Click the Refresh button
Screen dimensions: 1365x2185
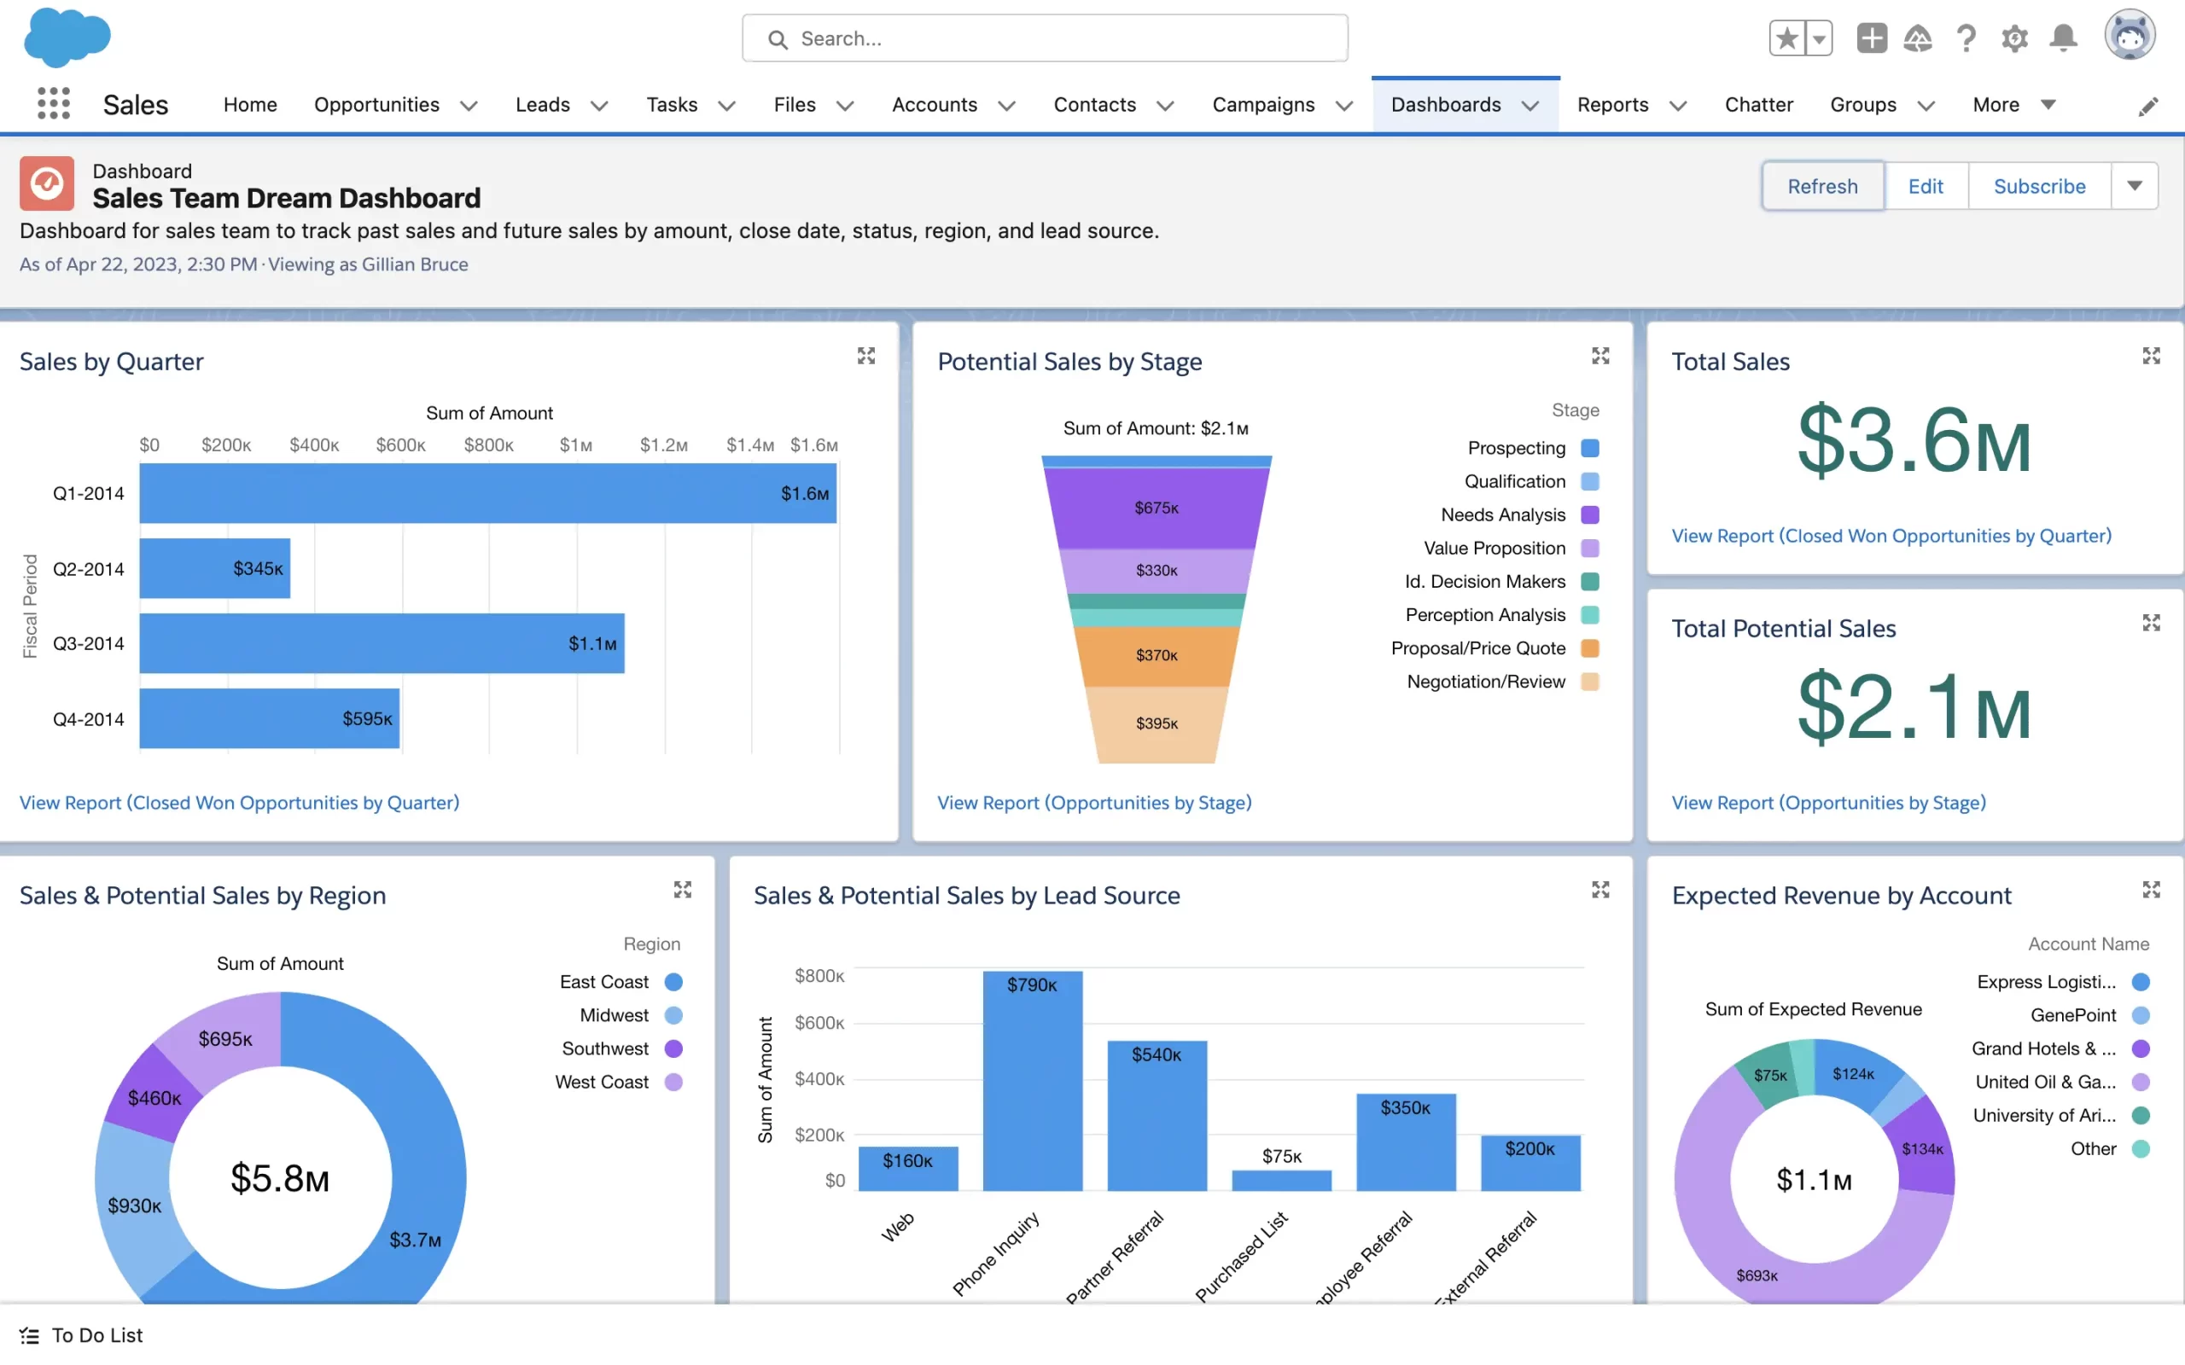coord(1821,186)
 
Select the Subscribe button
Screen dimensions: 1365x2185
coord(2039,186)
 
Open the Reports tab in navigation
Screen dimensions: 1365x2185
coord(1612,105)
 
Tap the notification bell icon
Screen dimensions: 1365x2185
coord(2063,38)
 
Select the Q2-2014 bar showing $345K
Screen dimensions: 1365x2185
coord(214,568)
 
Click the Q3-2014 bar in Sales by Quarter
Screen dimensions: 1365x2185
coord(381,642)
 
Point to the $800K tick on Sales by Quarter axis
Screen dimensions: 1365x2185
coord(488,445)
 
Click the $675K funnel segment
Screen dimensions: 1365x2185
coord(1156,508)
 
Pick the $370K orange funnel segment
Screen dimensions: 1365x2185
coord(1156,655)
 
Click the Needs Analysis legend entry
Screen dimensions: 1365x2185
coord(1502,514)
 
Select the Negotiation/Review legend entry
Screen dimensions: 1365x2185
coord(1486,682)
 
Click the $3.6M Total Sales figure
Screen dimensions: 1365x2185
coord(1914,440)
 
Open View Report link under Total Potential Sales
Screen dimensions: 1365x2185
coord(1828,803)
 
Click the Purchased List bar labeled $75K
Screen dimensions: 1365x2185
coord(1281,1179)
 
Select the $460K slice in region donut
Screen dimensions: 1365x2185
coord(154,1097)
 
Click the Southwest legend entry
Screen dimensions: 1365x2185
coord(605,1048)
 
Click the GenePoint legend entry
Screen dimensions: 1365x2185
coord(2072,1014)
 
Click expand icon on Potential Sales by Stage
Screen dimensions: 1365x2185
coord(1600,356)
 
